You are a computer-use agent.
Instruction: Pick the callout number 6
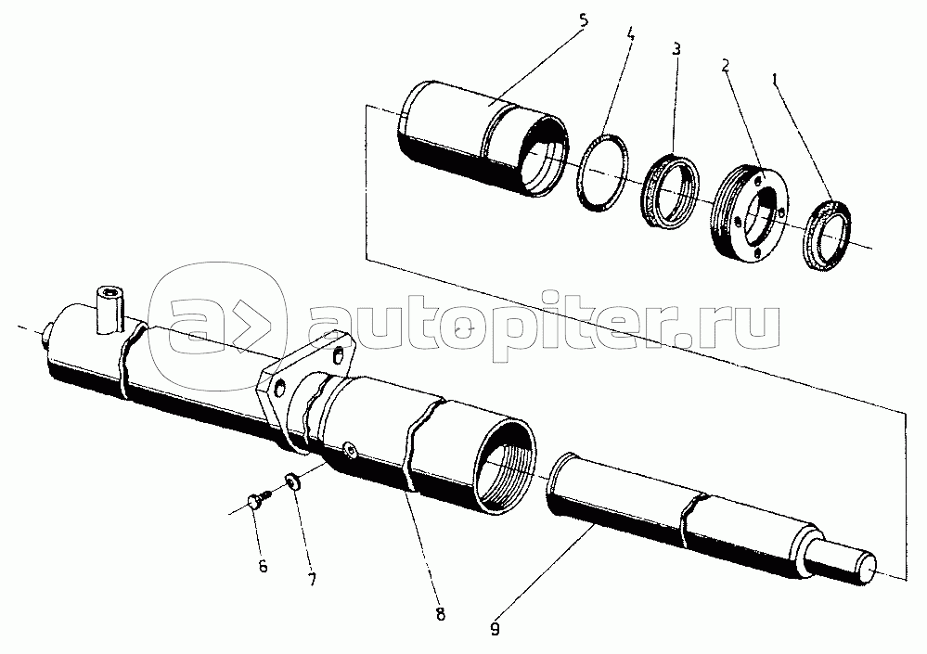(x=263, y=567)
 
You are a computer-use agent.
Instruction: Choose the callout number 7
(x=312, y=580)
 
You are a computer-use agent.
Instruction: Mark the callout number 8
(x=440, y=613)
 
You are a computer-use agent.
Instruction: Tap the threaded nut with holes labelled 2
(x=750, y=215)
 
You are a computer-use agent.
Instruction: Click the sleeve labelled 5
(x=473, y=139)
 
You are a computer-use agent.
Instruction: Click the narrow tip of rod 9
(x=855, y=562)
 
